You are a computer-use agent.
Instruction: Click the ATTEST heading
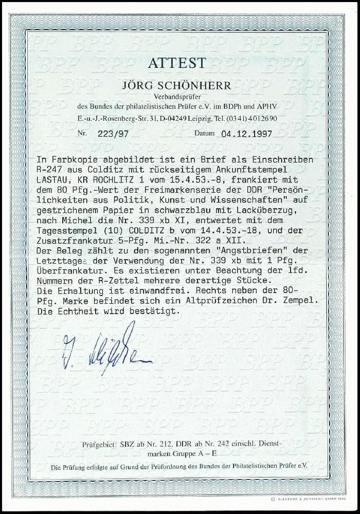pyautogui.click(x=177, y=63)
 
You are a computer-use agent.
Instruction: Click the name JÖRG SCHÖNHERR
pyautogui.click(x=178, y=85)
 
